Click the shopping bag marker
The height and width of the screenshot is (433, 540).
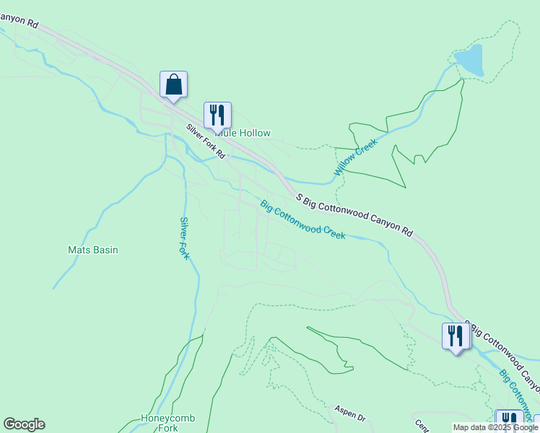(x=173, y=85)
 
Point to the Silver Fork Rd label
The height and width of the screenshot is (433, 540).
(x=206, y=141)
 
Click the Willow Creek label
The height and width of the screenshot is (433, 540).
(x=356, y=157)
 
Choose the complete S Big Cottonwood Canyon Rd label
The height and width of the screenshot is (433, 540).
(x=354, y=215)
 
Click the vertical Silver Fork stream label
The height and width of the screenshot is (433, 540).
(x=185, y=238)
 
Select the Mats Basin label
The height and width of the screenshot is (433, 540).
(x=92, y=250)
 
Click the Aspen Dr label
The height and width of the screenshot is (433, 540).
(x=350, y=414)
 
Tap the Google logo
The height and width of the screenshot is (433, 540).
(x=24, y=424)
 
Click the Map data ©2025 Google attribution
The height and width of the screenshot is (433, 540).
(x=495, y=428)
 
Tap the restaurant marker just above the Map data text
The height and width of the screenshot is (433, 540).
(x=509, y=420)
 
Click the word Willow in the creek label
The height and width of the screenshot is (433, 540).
(x=347, y=165)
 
